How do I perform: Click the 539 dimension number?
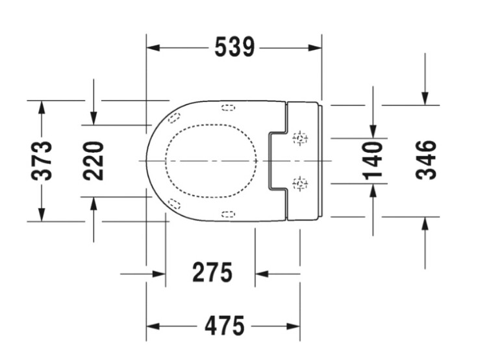[x=234, y=47]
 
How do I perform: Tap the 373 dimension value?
[x=43, y=160]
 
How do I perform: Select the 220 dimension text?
[x=94, y=161]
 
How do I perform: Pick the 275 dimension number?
[x=212, y=273]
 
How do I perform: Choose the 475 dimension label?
[x=224, y=326]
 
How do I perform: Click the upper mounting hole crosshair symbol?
[x=301, y=138]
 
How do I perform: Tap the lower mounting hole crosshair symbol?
[x=301, y=183]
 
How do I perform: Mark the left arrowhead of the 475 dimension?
[x=153, y=326]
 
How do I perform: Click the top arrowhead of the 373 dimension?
[x=42, y=107]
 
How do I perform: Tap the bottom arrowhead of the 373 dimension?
[x=42, y=214]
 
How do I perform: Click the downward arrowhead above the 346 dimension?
[x=425, y=98]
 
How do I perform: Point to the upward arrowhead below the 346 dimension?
[x=425, y=224]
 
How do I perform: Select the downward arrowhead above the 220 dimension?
[x=94, y=118]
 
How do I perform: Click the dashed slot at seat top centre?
[x=228, y=107]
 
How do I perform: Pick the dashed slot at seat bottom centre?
[x=228, y=214]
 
